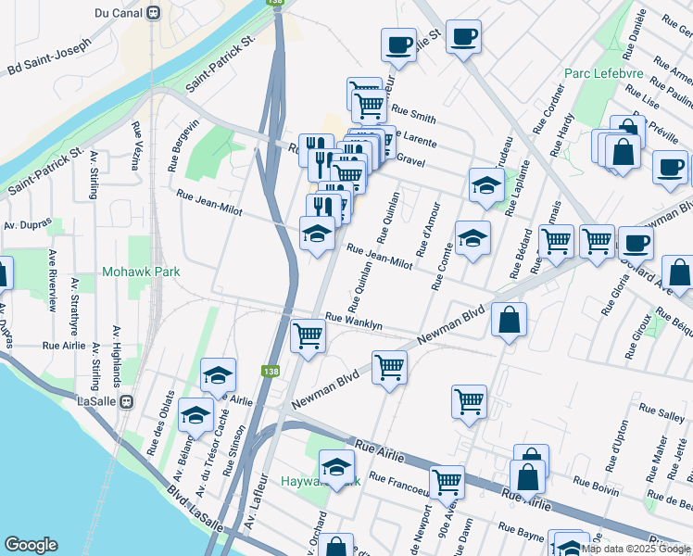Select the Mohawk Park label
click(141, 272)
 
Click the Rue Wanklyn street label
click(353, 321)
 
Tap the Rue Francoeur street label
click(400, 480)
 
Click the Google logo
click(31, 545)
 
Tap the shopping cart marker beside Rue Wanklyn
click(308, 335)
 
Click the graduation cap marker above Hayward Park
click(336, 466)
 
